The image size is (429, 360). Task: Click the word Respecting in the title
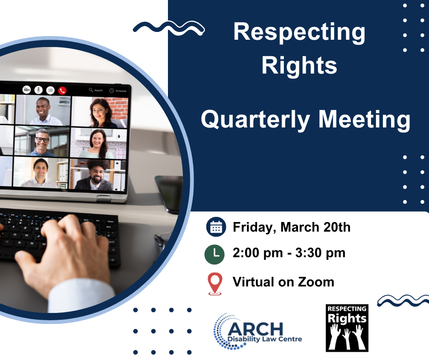(299, 33)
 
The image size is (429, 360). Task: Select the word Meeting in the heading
(365, 120)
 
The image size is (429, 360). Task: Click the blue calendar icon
(216, 227)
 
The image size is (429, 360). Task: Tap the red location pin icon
(215, 284)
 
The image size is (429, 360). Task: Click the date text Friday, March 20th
(291, 228)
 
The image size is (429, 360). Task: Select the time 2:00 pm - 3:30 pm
(289, 253)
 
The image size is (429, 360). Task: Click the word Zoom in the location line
(316, 282)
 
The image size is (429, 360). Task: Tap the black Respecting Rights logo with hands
(347, 328)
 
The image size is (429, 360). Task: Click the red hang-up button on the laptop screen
(63, 90)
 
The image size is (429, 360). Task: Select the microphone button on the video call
(38, 90)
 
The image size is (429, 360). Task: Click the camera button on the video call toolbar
(26, 90)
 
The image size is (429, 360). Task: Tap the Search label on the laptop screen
(99, 90)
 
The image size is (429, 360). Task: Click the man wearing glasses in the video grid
(42, 143)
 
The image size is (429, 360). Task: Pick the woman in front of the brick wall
(100, 113)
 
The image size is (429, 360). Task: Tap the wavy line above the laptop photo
(169, 28)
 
